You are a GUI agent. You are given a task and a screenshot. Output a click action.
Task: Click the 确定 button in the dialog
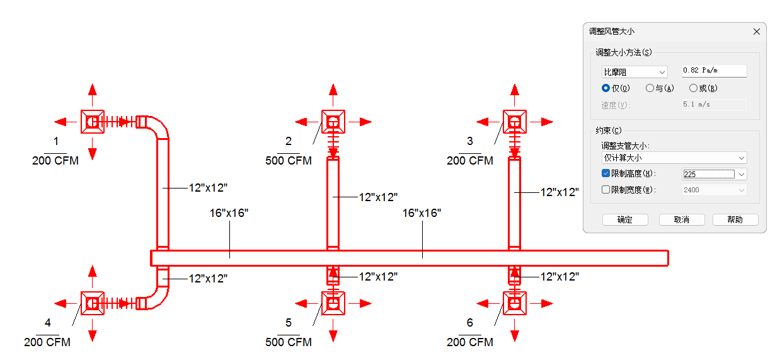click(x=625, y=219)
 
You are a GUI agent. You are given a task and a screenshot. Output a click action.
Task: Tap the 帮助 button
click(x=735, y=219)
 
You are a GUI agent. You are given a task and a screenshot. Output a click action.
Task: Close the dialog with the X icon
click(x=757, y=32)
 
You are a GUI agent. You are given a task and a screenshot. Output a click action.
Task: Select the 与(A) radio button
click(x=650, y=88)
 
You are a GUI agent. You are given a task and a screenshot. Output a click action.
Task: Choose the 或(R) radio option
click(x=693, y=88)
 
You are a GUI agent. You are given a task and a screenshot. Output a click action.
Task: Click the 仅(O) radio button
click(x=606, y=88)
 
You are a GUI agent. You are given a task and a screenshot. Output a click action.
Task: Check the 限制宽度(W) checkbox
click(x=606, y=190)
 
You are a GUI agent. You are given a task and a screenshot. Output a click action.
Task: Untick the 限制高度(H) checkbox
click(x=606, y=173)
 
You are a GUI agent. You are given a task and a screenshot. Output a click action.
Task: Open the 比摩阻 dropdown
click(x=634, y=72)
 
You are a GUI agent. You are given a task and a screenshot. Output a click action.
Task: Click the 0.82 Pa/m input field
click(x=714, y=71)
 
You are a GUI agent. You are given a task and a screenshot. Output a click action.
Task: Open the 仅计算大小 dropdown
click(x=674, y=158)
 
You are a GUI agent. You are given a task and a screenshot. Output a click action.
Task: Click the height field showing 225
click(x=709, y=174)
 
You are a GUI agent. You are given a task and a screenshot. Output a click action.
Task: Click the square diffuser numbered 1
click(x=93, y=122)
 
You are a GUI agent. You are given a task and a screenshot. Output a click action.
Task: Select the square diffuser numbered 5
click(x=333, y=304)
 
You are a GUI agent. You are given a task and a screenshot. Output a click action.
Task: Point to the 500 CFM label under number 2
click(x=289, y=161)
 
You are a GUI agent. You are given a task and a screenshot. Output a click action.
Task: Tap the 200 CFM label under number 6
click(x=470, y=342)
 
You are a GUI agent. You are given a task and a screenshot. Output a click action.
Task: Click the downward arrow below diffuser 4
click(x=93, y=330)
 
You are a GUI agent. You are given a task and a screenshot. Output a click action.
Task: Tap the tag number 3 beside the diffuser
click(x=470, y=141)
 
